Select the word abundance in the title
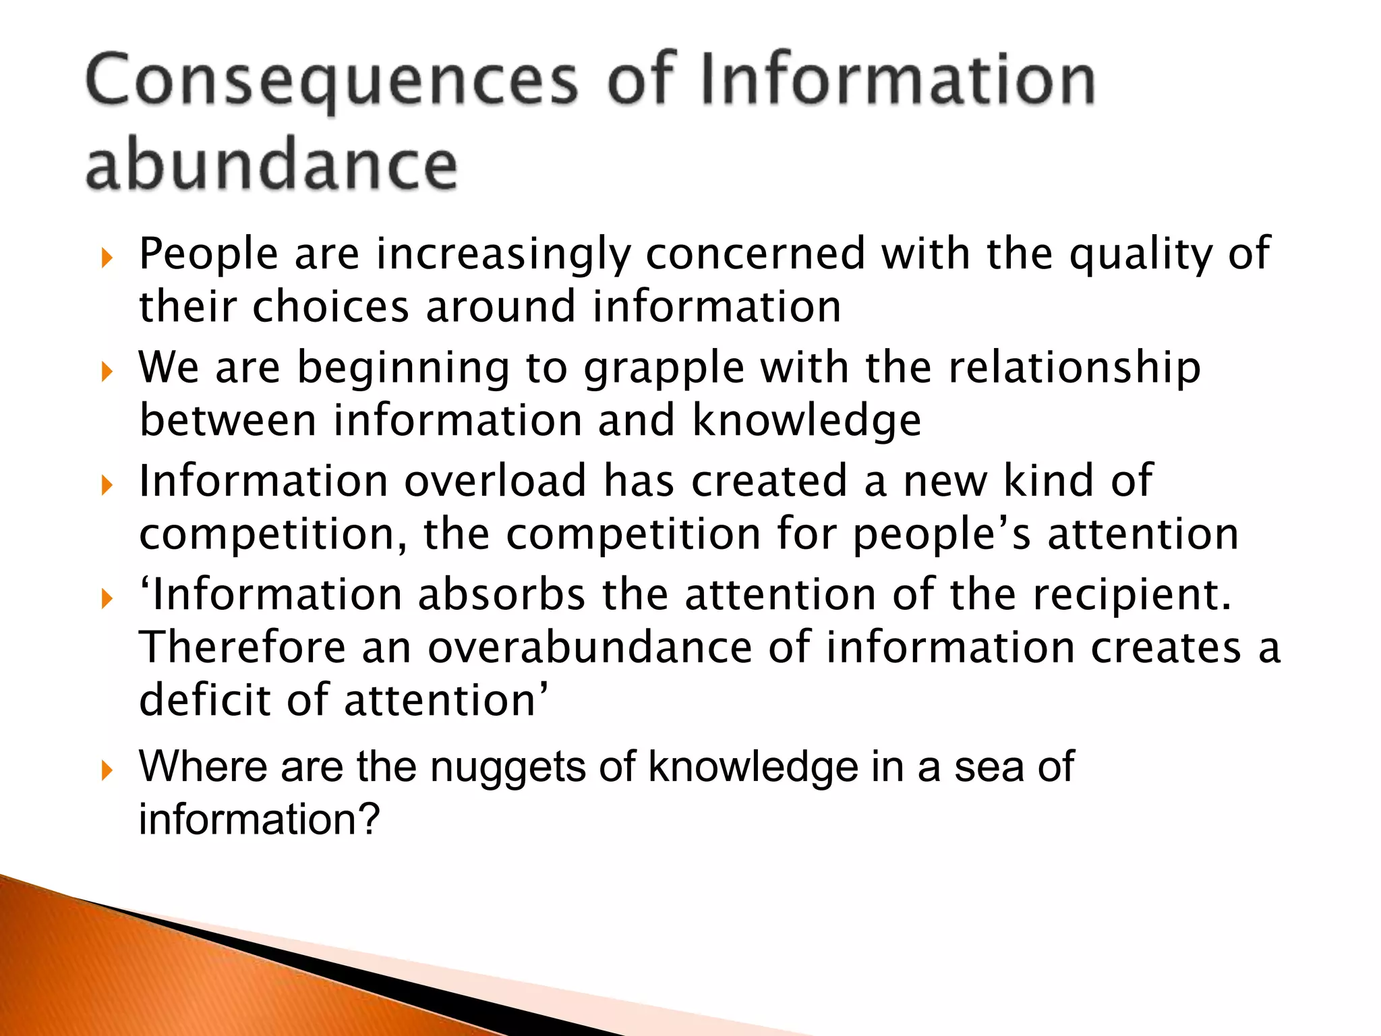(272, 164)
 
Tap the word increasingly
(503, 254)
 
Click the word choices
(330, 307)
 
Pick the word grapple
(664, 368)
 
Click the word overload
(496, 481)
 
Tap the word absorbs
(502, 595)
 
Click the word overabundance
(590, 647)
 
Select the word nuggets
(508, 768)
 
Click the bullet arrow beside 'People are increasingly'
(107, 257)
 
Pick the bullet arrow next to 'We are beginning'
(107, 371)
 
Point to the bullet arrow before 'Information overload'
(107, 484)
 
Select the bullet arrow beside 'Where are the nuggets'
(107, 770)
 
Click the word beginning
(403, 368)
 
